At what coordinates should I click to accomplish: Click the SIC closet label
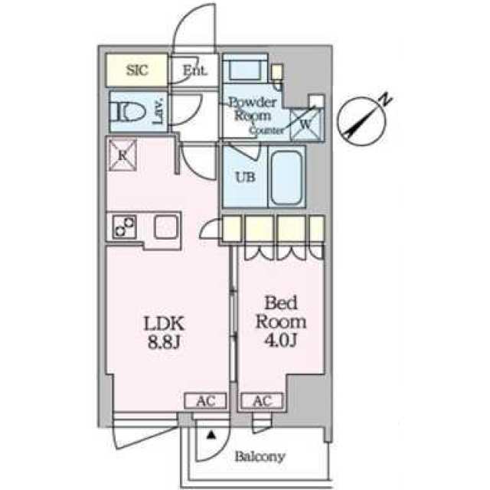[x=137, y=70]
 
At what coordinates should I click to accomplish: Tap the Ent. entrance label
[x=194, y=70]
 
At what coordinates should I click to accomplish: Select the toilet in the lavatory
[x=128, y=112]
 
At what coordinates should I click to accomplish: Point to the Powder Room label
[x=253, y=109]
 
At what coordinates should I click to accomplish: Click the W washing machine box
[x=305, y=124]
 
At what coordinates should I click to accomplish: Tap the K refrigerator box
[x=122, y=155]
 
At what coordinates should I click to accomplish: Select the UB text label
[x=245, y=178]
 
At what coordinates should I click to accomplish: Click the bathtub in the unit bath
[x=286, y=178]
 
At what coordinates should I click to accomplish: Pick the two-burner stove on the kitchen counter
[x=124, y=227]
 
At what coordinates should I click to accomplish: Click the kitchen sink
[x=166, y=227]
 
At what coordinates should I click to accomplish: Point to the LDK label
[x=164, y=324]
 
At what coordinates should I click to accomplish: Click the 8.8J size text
[x=164, y=343]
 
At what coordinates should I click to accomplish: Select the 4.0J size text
[x=281, y=341]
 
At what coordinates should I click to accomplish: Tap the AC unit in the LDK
[x=205, y=400]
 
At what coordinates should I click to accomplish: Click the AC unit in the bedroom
[x=262, y=400]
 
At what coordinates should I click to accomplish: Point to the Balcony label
[x=260, y=456]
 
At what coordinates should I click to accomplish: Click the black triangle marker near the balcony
[x=211, y=435]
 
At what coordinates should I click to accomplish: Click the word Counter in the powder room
[x=266, y=130]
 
